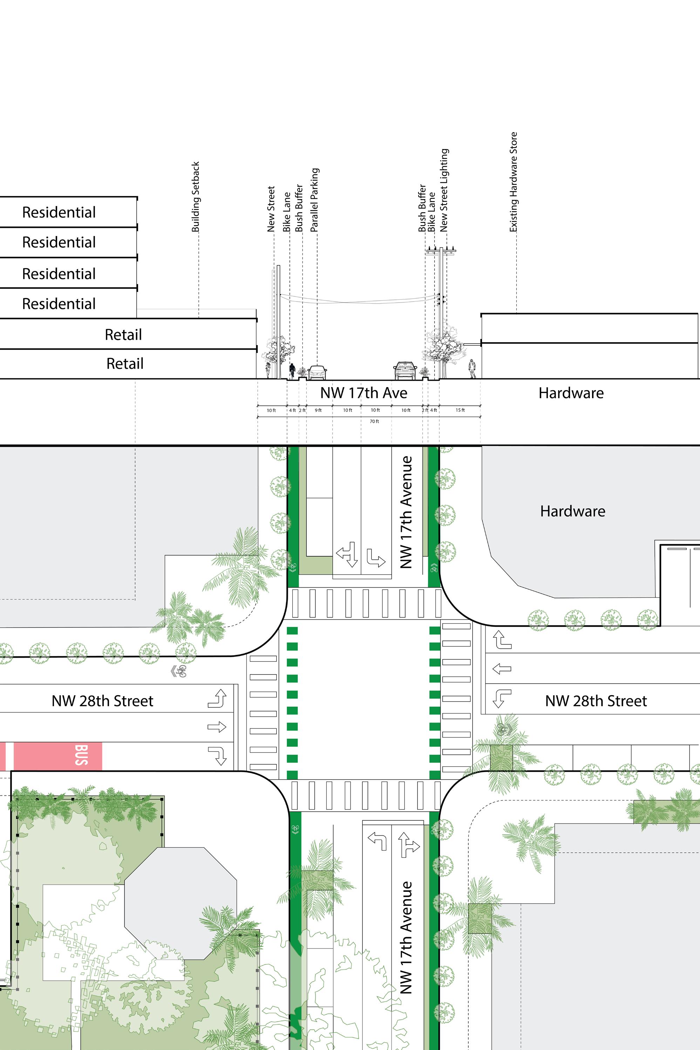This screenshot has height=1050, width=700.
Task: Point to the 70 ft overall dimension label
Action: click(374, 421)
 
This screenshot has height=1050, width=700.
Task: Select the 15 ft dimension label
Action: click(460, 410)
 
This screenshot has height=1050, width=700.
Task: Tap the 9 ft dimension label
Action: click(318, 410)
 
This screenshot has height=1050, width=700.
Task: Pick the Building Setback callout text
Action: click(196, 197)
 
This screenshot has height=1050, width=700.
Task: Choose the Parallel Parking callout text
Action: click(314, 199)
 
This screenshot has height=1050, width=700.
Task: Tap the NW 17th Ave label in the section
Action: click(363, 393)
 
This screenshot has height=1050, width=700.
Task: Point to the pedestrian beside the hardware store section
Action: click(472, 369)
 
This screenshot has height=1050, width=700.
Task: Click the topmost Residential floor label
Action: click(59, 212)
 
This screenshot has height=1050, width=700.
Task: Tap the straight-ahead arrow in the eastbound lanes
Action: click(217, 727)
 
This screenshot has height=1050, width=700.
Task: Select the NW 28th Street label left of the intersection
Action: click(102, 701)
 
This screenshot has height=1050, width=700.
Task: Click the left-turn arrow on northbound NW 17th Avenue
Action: click(377, 840)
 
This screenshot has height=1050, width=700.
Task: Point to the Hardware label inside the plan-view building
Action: click(572, 511)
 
